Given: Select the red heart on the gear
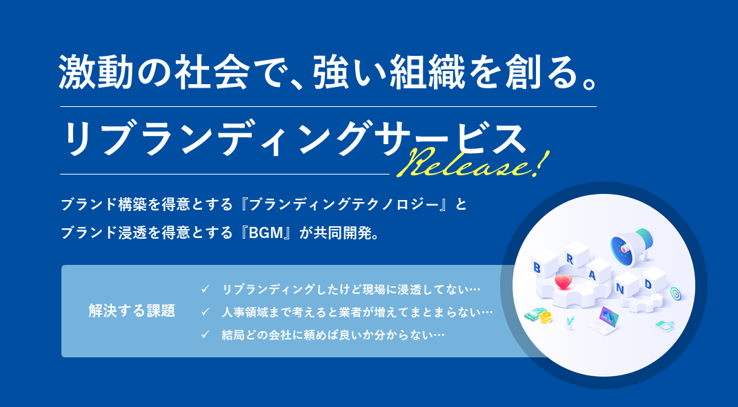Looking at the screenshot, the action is pyautogui.click(x=563, y=282).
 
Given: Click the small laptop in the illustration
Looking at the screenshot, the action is pyautogui.click(x=604, y=320).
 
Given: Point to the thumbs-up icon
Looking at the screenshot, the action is pyautogui.click(x=664, y=325).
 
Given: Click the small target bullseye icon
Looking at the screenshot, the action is pyautogui.click(x=675, y=293).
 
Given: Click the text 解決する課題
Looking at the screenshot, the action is pyautogui.click(x=132, y=311).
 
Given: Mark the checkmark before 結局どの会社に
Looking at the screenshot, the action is pyautogui.click(x=205, y=335).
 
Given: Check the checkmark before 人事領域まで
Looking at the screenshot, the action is pyautogui.click(x=205, y=312).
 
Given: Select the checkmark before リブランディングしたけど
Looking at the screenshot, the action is pyautogui.click(x=205, y=288).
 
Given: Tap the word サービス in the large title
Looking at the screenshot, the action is pyautogui.click(x=464, y=139).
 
